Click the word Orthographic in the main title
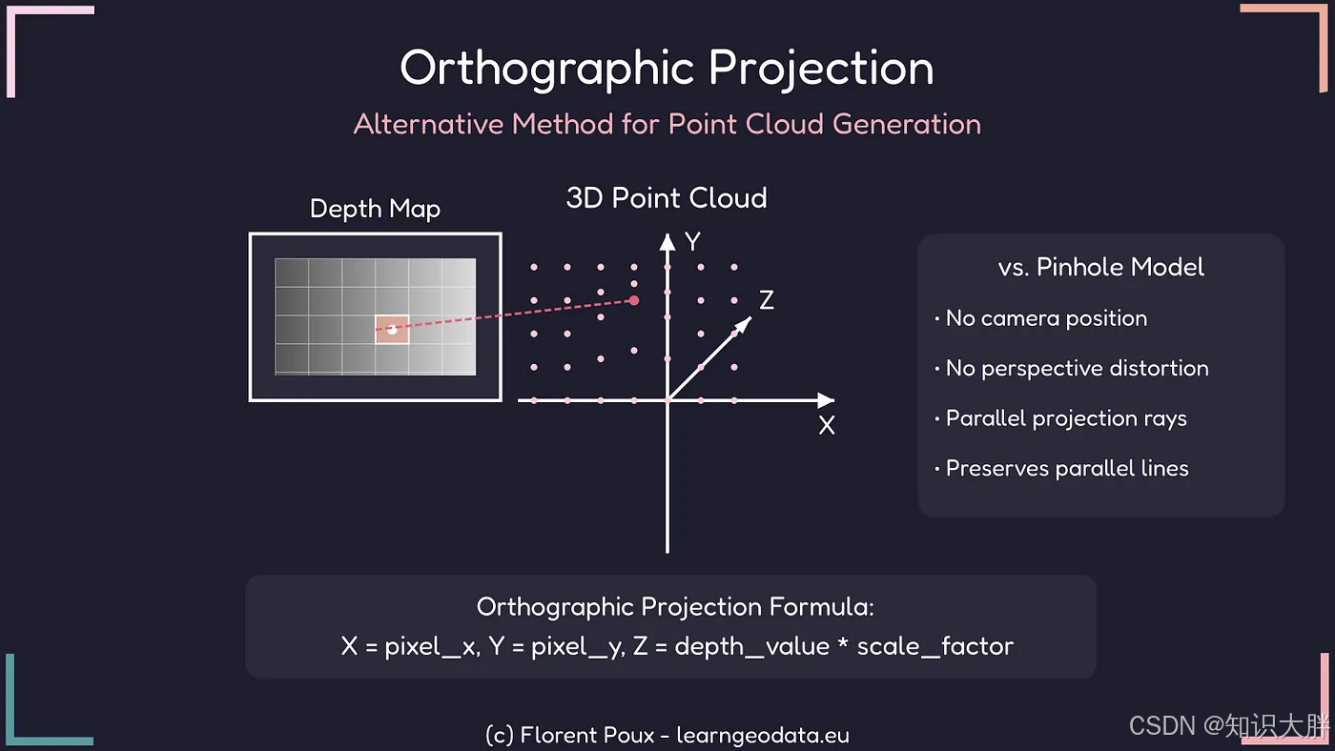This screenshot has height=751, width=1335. tap(547, 70)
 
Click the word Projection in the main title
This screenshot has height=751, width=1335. tap(821, 70)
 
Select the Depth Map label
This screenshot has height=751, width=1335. tap(375, 209)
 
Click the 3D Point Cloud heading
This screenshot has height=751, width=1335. tap(667, 197)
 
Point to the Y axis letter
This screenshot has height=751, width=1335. tap(692, 241)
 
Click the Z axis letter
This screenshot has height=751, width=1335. tap(767, 299)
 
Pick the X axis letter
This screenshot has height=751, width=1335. tap(827, 425)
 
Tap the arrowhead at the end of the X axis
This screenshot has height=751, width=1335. tap(826, 400)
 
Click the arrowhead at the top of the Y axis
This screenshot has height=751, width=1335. tap(667, 242)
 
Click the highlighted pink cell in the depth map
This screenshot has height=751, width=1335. tap(392, 330)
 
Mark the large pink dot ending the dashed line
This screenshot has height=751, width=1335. tap(634, 301)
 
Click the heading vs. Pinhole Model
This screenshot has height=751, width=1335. tap(1100, 267)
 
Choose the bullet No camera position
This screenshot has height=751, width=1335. tap(1046, 318)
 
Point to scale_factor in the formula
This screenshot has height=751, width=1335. tap(935, 647)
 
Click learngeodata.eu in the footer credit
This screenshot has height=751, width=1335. tap(763, 736)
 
